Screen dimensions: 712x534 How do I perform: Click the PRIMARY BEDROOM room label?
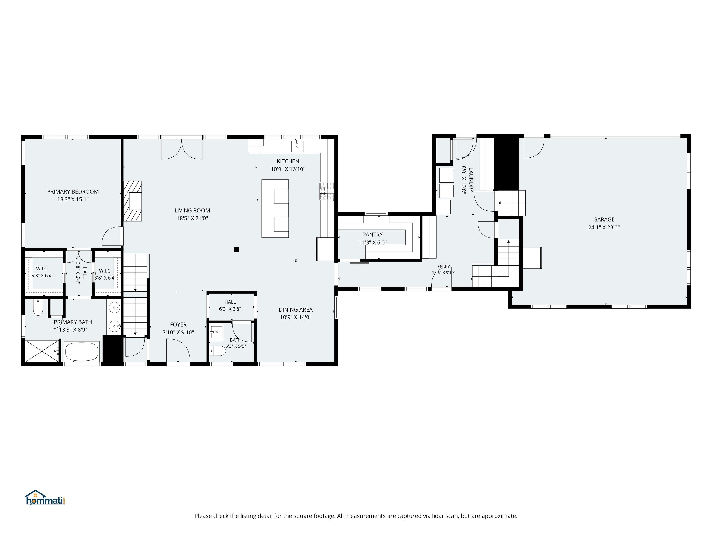[73, 191]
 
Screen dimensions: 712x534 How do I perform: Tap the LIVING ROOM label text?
[192, 210]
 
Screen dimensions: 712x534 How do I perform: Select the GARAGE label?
[604, 219]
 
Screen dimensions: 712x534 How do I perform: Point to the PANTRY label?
[372, 235]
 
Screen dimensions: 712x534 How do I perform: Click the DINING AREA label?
[296, 309]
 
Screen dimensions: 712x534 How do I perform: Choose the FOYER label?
[178, 324]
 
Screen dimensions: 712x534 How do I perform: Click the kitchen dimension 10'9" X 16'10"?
[288, 169]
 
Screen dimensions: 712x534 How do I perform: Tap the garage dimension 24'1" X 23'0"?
[604, 227]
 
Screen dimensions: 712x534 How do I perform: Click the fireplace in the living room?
[132, 201]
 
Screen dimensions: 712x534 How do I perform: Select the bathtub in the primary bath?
[82, 352]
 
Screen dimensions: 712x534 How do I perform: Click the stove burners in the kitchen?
[327, 191]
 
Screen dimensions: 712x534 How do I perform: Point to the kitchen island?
[275, 209]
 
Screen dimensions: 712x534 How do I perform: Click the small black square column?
[237, 249]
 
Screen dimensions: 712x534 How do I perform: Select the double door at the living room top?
[181, 148]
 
